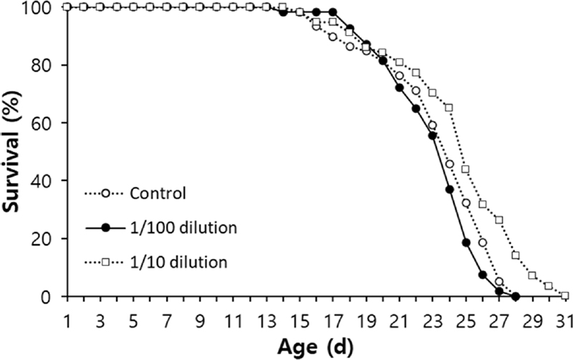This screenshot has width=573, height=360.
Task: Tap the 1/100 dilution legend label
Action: point(179,228)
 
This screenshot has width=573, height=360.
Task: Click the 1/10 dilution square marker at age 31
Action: point(565,296)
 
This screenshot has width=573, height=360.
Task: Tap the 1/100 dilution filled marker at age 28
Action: point(515,296)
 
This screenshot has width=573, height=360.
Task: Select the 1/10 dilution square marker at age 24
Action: point(449,107)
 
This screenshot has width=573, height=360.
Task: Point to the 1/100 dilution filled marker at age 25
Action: point(466,243)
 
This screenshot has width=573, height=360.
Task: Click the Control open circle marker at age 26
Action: point(482,243)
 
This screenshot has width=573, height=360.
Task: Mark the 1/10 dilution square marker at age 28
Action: point(515,255)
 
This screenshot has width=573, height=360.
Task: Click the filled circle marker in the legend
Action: point(106,228)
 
